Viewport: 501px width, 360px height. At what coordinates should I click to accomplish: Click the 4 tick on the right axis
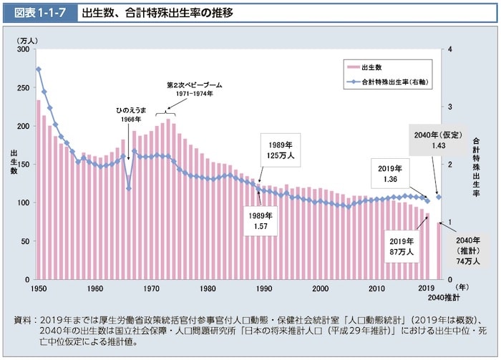click(x=448, y=49)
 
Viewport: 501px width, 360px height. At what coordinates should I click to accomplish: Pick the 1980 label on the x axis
click(x=208, y=288)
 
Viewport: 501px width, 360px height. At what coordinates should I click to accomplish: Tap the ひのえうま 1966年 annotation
click(x=131, y=115)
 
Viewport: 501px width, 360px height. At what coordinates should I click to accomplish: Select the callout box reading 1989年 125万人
click(x=276, y=150)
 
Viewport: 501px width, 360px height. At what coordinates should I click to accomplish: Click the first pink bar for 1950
click(x=39, y=190)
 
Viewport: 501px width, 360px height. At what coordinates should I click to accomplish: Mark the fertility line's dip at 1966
click(x=129, y=189)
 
